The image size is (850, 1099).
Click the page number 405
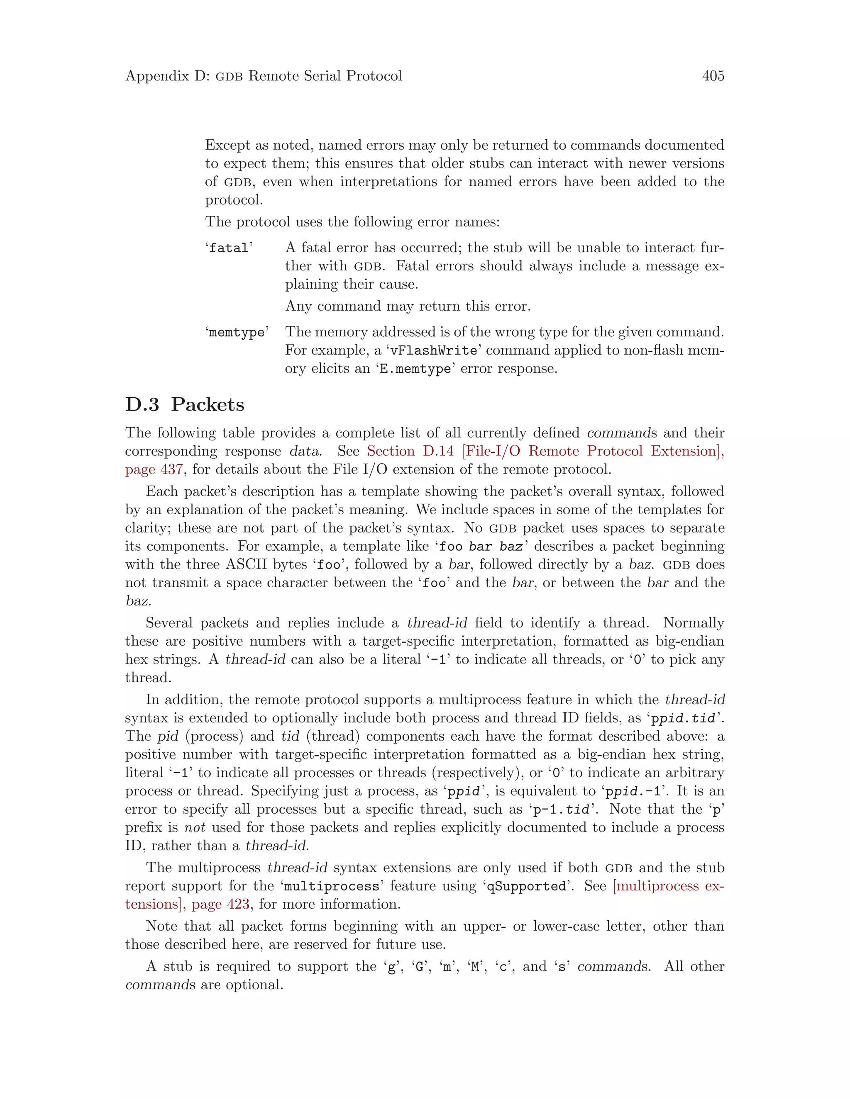[713, 76]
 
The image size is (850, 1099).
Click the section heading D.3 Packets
[184, 405]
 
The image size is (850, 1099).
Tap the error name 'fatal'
[229, 248]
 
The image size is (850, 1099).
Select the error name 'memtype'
[236, 333]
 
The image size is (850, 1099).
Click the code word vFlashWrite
[434, 351]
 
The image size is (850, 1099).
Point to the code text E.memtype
[415, 369]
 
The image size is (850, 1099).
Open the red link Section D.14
[410, 451]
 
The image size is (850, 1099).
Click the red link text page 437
[154, 469]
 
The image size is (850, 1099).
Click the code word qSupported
[526, 886]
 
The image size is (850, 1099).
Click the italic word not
[194, 828]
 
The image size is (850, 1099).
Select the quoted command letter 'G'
[418, 967]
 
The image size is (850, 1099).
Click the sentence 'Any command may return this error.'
[408, 306]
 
